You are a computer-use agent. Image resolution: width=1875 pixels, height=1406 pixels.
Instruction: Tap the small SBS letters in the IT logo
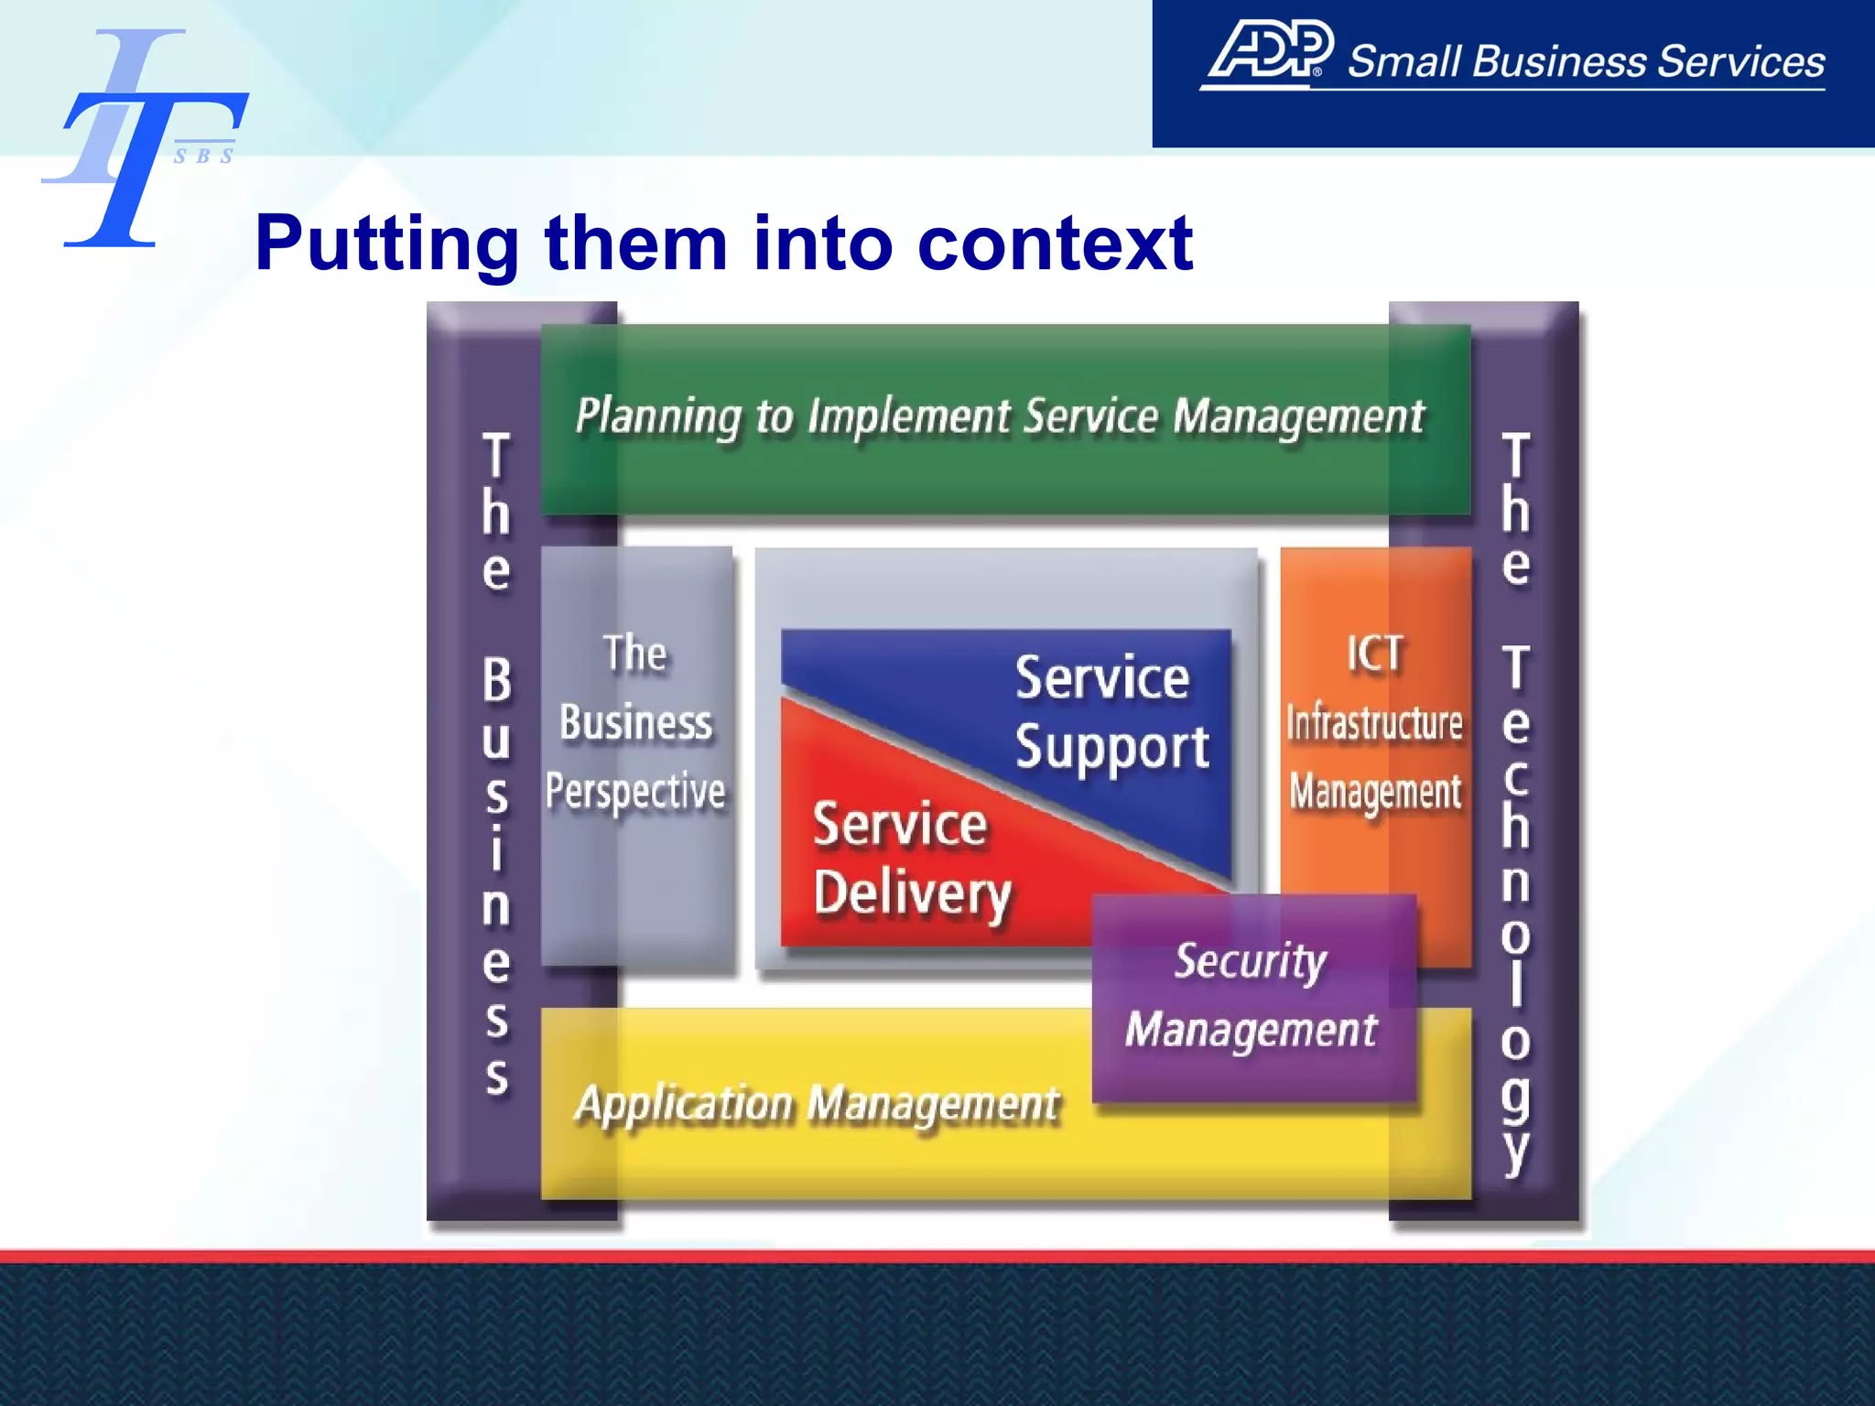pyautogui.click(x=203, y=157)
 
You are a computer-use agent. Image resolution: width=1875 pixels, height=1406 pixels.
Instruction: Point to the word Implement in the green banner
pyautogui.click(x=908, y=416)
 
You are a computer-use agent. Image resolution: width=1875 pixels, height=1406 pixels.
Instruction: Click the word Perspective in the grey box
pyautogui.click(x=635, y=791)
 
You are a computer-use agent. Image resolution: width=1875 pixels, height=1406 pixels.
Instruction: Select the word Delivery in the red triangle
pyautogui.click(x=912, y=893)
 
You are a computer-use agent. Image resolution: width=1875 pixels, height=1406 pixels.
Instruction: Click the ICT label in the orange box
pyautogui.click(x=1373, y=654)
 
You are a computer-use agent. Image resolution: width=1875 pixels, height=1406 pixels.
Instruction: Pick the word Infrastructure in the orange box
pyautogui.click(x=1373, y=723)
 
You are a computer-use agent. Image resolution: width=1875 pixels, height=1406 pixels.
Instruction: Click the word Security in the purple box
pyautogui.click(x=1250, y=961)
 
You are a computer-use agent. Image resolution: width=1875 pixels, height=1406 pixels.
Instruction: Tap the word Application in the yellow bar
pyautogui.click(x=685, y=1104)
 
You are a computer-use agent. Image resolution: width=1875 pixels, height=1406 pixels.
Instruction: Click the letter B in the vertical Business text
pyautogui.click(x=496, y=680)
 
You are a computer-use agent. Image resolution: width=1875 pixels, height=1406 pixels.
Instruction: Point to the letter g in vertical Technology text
pyautogui.click(x=1515, y=1095)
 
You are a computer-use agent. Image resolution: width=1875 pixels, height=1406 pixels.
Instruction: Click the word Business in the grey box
pyautogui.click(x=635, y=722)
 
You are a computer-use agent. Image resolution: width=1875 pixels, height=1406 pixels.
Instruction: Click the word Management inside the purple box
pyautogui.click(x=1251, y=1031)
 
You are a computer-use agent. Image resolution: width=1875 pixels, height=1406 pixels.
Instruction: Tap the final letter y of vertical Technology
pyautogui.click(x=1515, y=1149)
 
